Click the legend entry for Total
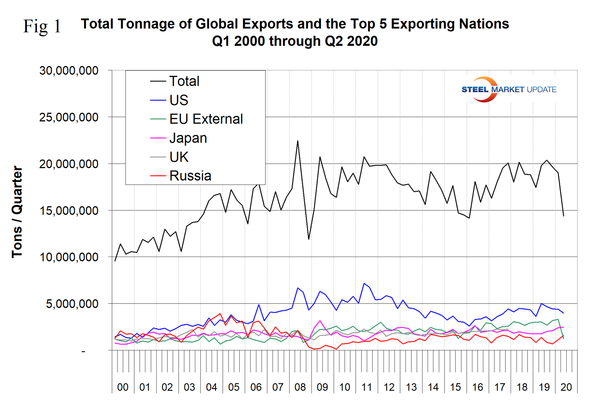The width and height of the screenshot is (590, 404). [x=184, y=81]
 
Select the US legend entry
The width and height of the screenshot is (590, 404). [x=179, y=100]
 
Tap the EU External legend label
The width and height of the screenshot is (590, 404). [x=206, y=119]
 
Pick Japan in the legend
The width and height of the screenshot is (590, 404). [x=188, y=138]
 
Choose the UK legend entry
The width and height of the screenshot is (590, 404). [x=179, y=157]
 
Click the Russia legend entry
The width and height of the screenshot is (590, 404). [x=190, y=176]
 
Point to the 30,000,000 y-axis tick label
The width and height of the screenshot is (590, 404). [x=69, y=71]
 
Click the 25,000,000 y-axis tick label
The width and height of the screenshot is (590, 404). [x=69, y=117]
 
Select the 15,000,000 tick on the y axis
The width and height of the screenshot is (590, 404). [x=69, y=211]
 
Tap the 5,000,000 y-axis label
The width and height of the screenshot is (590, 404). [x=72, y=304]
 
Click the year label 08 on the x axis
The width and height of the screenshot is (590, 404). [x=300, y=387]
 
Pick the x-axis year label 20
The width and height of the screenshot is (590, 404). [x=566, y=387]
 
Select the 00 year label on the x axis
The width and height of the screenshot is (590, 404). [x=123, y=387]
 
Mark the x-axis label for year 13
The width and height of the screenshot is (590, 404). [x=411, y=387]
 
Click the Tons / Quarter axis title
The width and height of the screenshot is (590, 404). [x=17, y=212]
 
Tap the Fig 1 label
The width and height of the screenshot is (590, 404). [x=42, y=26]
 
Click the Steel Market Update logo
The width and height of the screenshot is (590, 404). [x=509, y=89]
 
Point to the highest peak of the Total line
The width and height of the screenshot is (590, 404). [x=297, y=141]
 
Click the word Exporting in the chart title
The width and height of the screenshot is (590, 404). [x=418, y=24]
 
